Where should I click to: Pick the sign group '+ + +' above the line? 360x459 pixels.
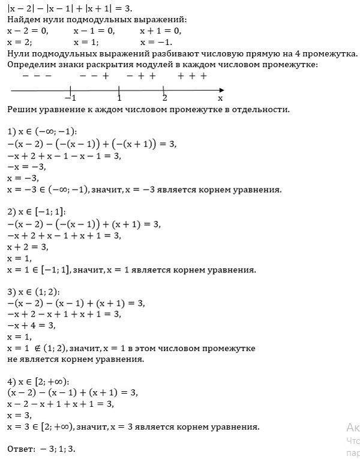pos(192,76)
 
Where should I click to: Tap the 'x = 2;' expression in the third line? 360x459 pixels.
pos(20,43)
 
